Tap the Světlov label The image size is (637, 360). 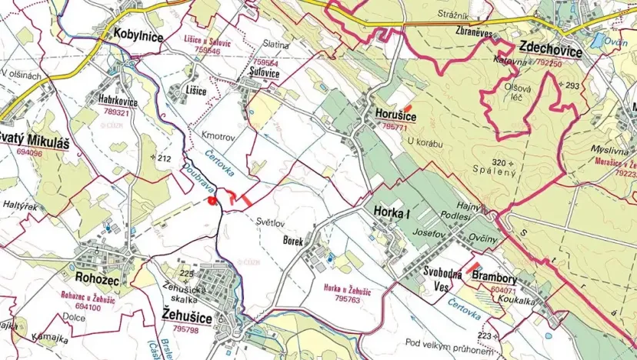point(271,218)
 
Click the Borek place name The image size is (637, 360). point(293,241)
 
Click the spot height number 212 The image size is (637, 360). point(162,158)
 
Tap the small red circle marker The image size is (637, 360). point(211,201)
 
